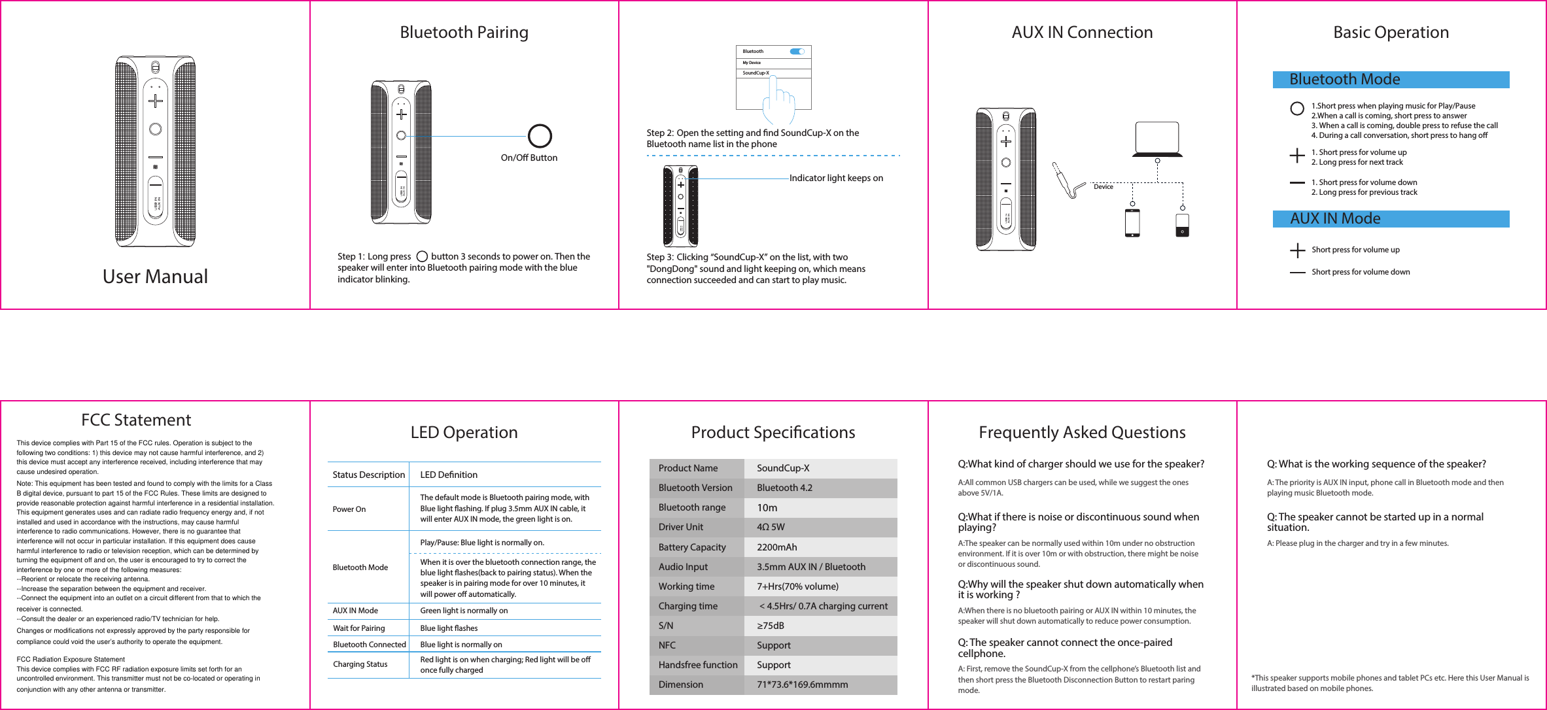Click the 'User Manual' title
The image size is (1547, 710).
point(155,277)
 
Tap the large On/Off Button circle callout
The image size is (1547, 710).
point(540,136)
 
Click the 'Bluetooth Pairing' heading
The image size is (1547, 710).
point(464,32)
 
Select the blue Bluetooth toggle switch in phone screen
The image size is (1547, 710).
point(797,51)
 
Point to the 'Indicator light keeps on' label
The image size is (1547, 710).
point(836,178)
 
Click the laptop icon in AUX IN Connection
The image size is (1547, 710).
point(1157,139)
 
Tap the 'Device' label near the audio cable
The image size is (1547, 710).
point(1104,187)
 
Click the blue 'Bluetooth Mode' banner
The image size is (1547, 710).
point(1391,80)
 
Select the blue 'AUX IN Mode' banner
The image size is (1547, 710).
point(1391,219)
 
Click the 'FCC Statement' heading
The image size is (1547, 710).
point(136,420)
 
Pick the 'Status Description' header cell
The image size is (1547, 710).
point(368,475)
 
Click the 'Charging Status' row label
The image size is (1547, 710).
point(360,664)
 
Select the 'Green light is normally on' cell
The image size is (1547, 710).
point(464,611)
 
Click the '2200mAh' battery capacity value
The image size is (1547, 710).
point(777,547)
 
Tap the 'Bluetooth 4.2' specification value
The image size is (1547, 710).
point(784,488)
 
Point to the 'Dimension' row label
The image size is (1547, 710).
point(681,685)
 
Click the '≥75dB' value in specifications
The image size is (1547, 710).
point(771,626)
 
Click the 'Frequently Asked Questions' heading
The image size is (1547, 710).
point(1082,432)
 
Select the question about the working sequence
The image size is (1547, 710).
point(1376,464)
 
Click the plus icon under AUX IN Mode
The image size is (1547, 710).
point(1297,250)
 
